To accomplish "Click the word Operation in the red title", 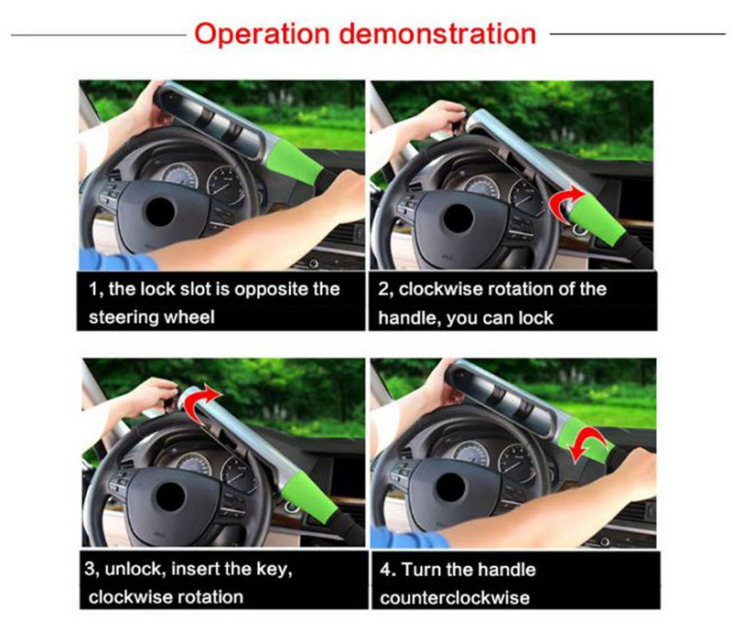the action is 262,35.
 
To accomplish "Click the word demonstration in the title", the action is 437,34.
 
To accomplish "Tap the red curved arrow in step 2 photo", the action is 565,201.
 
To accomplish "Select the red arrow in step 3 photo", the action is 201,402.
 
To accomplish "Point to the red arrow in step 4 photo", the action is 588,444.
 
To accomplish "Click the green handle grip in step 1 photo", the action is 293,162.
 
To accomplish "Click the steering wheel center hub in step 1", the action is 161,212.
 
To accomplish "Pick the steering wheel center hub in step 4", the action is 449,487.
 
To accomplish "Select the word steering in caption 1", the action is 121,318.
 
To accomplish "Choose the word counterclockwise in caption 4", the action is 455,598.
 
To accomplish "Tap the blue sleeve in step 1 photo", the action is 118,260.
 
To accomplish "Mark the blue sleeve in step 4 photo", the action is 409,538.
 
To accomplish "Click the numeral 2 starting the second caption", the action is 382,290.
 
